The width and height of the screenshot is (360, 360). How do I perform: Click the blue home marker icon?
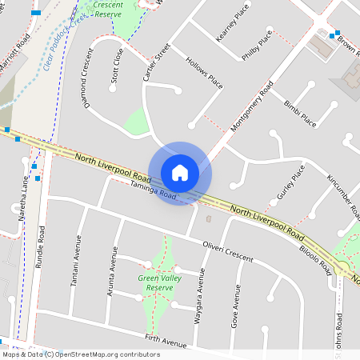coord(180,173)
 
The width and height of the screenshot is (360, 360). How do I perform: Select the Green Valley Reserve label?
coord(155,282)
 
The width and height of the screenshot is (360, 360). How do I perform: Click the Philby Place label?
coord(257,46)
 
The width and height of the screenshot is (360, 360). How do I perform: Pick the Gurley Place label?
coord(291,185)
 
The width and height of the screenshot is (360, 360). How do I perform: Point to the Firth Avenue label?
coord(165,342)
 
